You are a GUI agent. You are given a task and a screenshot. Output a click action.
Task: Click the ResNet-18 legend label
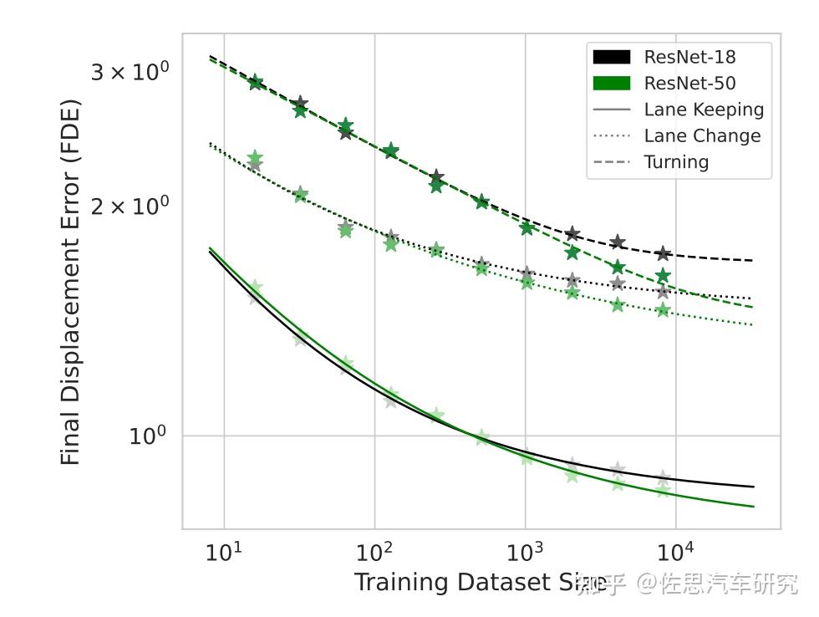point(689,57)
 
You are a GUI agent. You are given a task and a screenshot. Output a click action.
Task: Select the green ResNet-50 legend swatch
point(611,83)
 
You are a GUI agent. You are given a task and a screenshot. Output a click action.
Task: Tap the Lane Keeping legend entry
point(704,110)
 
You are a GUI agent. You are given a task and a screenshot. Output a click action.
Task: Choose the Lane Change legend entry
point(702,135)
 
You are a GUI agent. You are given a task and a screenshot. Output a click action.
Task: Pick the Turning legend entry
point(676,162)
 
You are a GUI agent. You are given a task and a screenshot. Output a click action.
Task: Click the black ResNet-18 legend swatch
point(611,57)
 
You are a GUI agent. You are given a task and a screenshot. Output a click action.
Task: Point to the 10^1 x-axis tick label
point(223,553)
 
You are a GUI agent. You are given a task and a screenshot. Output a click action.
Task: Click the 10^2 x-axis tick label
point(374,553)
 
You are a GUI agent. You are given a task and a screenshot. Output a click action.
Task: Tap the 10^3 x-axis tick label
point(525,553)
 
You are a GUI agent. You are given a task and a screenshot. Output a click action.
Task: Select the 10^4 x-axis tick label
point(675,553)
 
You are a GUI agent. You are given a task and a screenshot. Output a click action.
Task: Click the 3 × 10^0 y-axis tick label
point(130,72)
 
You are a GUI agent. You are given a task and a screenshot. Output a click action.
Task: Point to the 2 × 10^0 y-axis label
point(130,206)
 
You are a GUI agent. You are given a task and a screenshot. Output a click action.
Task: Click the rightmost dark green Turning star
point(663,276)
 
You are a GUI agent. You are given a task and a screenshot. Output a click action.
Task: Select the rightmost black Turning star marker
point(663,253)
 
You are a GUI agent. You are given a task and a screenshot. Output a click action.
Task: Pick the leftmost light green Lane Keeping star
point(255,288)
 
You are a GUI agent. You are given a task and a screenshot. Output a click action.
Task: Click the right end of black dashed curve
point(752,261)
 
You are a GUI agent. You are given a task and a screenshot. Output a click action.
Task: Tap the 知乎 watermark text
point(601,584)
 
